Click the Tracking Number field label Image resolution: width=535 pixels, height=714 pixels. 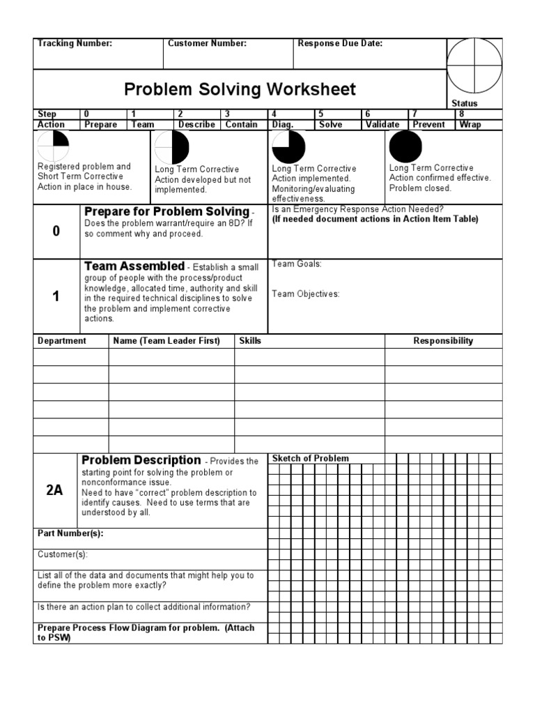[x=75, y=43]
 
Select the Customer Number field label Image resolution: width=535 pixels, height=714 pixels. [x=207, y=43]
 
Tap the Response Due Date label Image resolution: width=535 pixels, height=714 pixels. [x=340, y=43]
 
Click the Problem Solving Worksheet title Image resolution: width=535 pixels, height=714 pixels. [x=240, y=89]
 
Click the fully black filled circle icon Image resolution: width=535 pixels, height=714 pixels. [x=405, y=146]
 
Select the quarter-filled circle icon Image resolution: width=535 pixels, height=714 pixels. [x=54, y=146]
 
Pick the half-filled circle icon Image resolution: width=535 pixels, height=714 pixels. [x=171, y=148]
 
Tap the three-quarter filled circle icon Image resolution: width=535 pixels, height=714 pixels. [x=288, y=147]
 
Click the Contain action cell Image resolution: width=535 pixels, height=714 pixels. [x=241, y=125]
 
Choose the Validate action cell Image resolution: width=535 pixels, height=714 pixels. [x=382, y=125]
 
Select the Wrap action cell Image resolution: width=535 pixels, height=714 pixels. [x=470, y=125]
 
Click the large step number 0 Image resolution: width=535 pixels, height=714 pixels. [x=56, y=232]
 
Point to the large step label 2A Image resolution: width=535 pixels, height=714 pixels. [x=54, y=490]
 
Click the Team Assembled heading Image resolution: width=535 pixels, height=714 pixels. [x=134, y=266]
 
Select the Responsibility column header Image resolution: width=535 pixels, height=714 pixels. [x=443, y=341]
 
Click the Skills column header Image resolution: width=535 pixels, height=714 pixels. [x=250, y=341]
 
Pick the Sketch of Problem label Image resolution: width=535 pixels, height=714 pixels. [x=310, y=458]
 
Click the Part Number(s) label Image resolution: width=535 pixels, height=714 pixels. [x=70, y=534]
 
